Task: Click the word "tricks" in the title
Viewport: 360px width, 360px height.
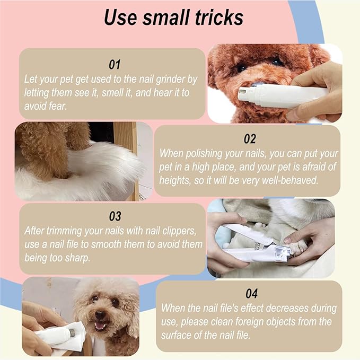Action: point(219,17)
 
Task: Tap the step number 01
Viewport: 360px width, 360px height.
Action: point(115,65)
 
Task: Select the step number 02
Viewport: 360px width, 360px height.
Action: point(250,139)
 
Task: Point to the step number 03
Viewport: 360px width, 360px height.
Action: point(115,216)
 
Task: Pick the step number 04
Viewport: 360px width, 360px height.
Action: point(251,294)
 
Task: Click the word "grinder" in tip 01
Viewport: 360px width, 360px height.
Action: point(171,80)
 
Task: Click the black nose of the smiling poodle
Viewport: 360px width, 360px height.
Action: point(100,315)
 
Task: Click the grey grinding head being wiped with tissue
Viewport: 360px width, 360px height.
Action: point(72,332)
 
